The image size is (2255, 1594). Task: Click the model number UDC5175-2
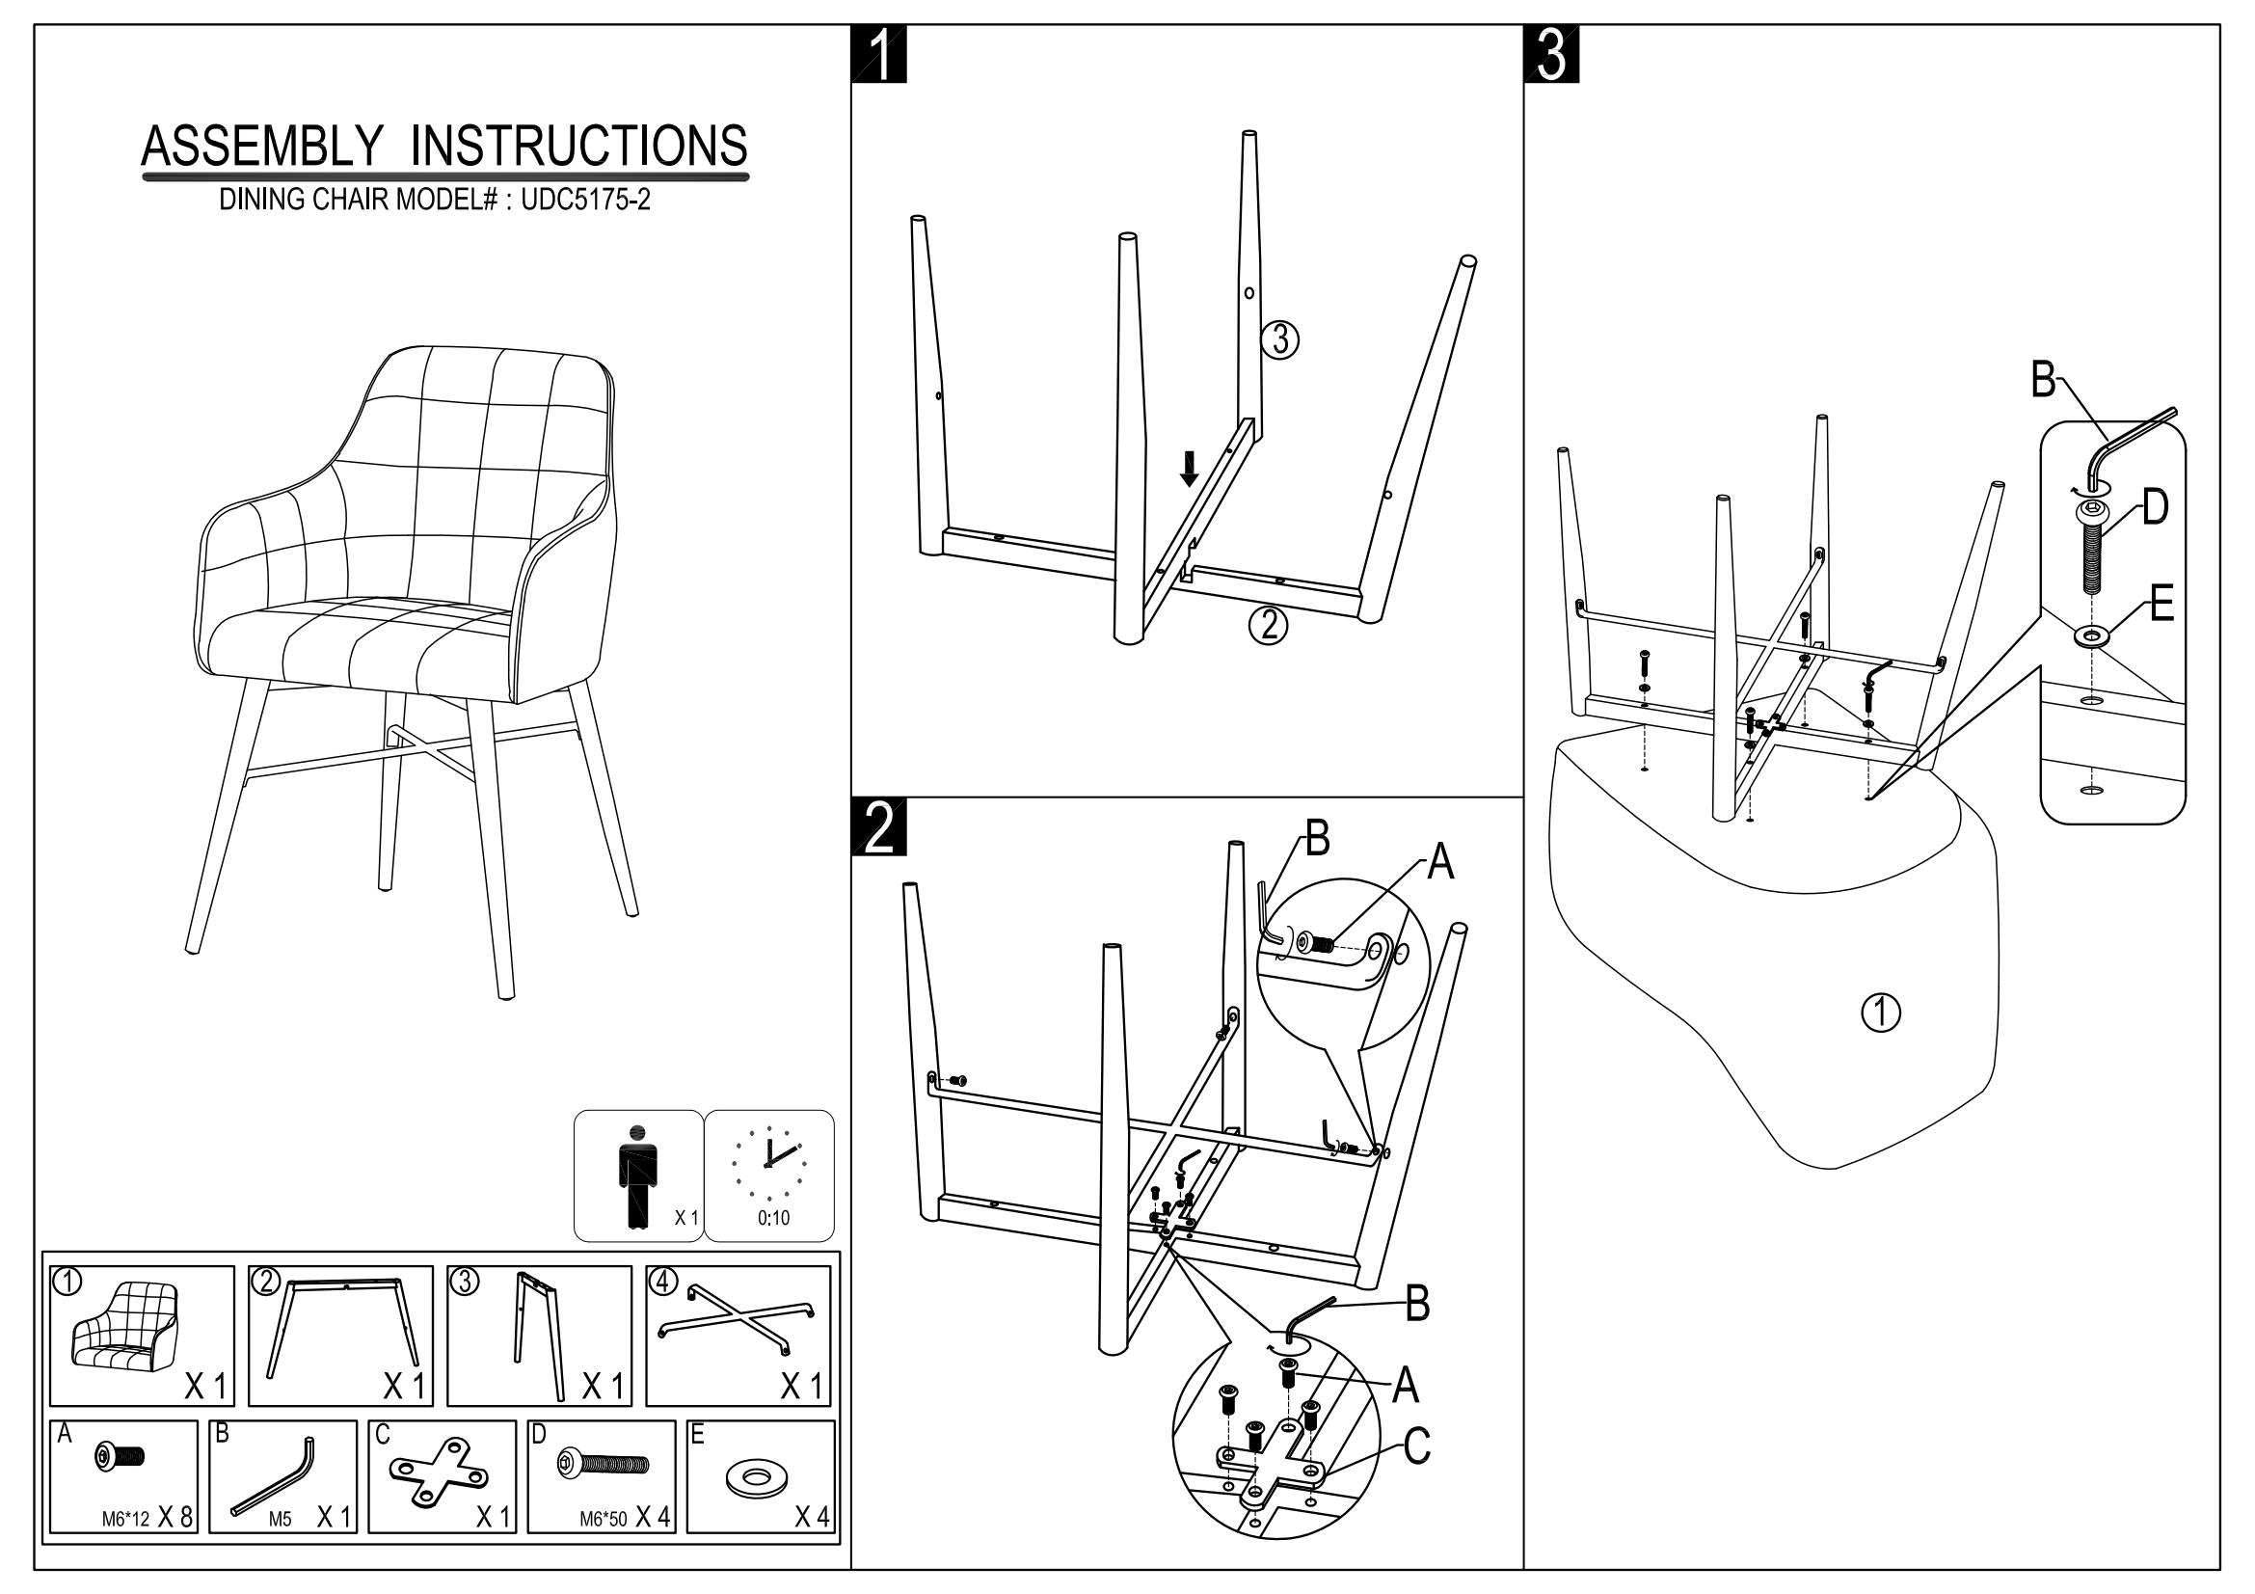click(585, 201)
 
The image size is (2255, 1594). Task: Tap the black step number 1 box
click(879, 55)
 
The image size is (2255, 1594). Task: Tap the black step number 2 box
click(879, 827)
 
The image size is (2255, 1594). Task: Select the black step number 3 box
click(1552, 55)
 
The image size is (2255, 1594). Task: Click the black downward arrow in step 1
click(1190, 469)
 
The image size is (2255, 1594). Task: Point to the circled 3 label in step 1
click(1279, 339)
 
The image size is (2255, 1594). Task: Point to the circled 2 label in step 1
click(1268, 625)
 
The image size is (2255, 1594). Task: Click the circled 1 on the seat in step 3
click(1881, 1013)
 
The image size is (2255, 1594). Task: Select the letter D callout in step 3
click(2154, 508)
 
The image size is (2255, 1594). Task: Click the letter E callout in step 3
click(2161, 603)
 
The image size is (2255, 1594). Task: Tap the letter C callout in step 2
click(1415, 1445)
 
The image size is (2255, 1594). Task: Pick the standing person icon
click(637, 1175)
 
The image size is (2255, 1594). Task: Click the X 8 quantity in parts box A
click(174, 1518)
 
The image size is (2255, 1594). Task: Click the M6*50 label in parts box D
click(602, 1520)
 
